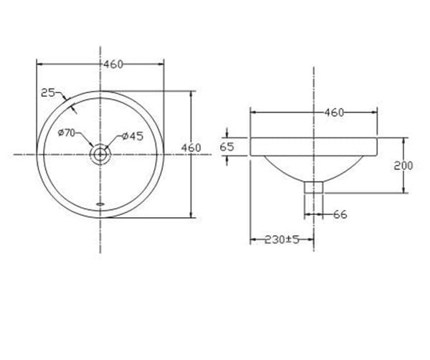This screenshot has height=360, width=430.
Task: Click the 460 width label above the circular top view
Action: (x=113, y=64)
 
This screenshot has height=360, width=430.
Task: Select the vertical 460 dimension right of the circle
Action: (x=191, y=148)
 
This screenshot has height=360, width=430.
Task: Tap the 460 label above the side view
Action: (x=335, y=112)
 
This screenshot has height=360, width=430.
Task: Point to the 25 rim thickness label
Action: (x=48, y=92)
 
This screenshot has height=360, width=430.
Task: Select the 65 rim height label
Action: (x=227, y=146)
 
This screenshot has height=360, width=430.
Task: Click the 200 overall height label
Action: (x=403, y=165)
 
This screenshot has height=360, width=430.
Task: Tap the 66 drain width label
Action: (x=340, y=214)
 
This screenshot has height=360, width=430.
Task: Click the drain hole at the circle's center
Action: (x=100, y=153)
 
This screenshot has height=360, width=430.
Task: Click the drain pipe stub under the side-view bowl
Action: (x=314, y=188)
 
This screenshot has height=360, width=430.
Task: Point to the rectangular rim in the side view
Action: (x=314, y=146)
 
